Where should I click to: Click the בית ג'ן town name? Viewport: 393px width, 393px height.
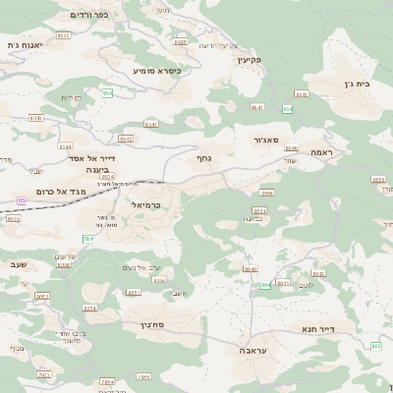[x=363, y=84]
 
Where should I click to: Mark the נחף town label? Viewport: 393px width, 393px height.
[x=204, y=156]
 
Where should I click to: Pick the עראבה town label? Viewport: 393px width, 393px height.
[x=253, y=349]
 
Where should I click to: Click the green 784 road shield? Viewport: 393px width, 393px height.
[x=87, y=239]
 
